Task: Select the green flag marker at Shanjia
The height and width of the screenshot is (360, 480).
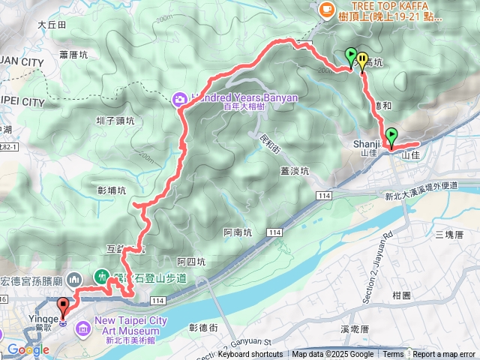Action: [x=391, y=136]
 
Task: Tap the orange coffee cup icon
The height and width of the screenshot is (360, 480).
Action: [x=326, y=10]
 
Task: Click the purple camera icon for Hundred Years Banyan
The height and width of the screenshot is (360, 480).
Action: [x=179, y=98]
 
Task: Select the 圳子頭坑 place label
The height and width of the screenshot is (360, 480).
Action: [x=115, y=121]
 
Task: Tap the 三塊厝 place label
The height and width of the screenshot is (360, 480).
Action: [x=449, y=235]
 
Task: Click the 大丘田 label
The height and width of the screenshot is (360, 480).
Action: [x=52, y=25]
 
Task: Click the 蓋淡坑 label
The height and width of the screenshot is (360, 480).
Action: [x=295, y=170]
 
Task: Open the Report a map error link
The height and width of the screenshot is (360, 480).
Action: [x=444, y=355]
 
